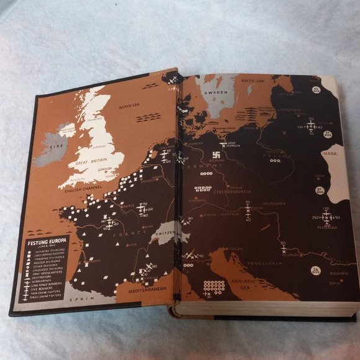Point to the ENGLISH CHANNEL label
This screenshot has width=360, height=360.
click(81, 189)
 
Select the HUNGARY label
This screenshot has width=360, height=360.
click(274, 203)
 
